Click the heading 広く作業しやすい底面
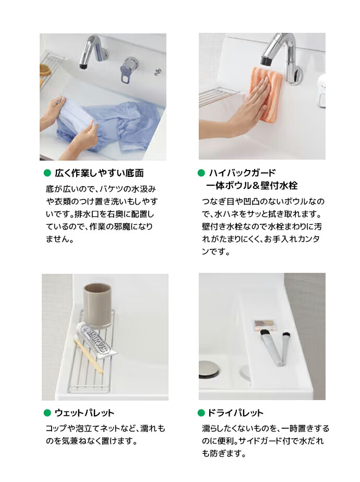coord(99,173)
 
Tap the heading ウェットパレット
coord(84,413)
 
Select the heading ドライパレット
coord(235,413)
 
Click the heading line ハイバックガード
coord(242,173)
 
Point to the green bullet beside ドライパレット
coord(201,413)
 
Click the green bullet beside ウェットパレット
coord(47,413)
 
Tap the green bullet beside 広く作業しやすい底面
coord(47,173)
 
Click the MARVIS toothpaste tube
coord(97,340)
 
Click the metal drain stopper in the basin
coord(209,369)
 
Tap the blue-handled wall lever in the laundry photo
coord(127,71)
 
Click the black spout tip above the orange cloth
coord(266,61)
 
